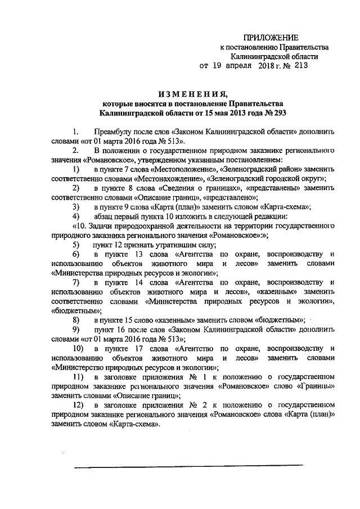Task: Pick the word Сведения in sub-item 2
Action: click(x=178, y=188)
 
